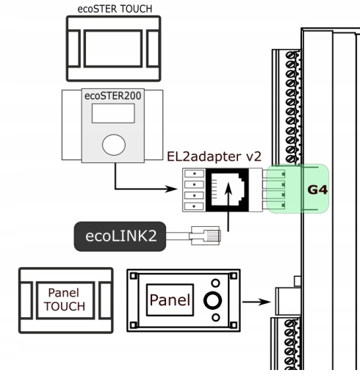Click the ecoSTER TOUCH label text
pos(115,9)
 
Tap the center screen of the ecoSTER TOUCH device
pos(113,48)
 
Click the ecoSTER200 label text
pos(113,95)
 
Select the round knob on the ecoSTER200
pos(114,145)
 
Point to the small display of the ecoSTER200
pos(113,113)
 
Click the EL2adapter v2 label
pos(214,156)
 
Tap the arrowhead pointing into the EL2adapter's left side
pos(171,189)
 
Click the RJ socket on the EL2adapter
pos(228,189)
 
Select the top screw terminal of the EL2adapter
pos(194,173)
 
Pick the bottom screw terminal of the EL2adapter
pos(194,206)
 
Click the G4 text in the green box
pos(317,190)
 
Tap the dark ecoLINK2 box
pos(120,236)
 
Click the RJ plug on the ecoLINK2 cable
pos(205,236)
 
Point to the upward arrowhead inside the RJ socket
pos(228,189)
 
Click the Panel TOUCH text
pos(65,300)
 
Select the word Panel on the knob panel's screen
pos(170,300)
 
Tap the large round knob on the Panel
pos(212,300)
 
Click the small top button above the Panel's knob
pos(215,283)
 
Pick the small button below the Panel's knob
pos(215,318)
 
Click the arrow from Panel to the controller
pos(256,302)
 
